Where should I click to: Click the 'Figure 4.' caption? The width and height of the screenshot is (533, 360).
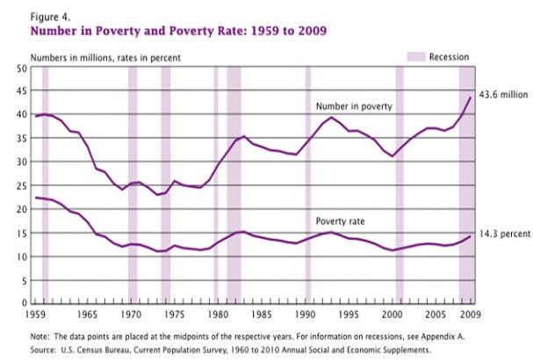coord(50,16)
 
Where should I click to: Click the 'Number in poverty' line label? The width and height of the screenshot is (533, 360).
coord(353,106)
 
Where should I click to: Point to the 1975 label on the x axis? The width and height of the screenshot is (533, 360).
coord(175,313)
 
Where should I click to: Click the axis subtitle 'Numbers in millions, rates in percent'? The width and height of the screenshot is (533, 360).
coord(106,56)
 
